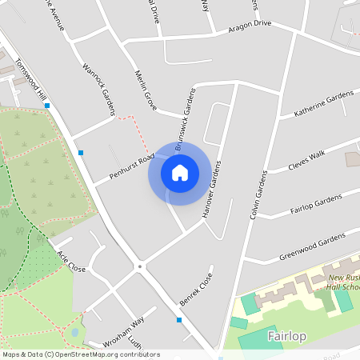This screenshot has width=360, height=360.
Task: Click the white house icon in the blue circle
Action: (179, 172)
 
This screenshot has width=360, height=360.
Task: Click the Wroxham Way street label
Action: (123, 332)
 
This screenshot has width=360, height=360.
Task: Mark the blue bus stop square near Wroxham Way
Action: (179, 320)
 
